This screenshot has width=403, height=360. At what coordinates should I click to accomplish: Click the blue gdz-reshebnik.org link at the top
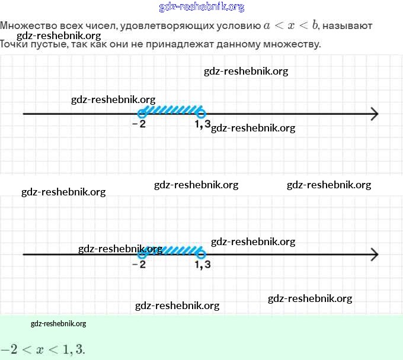click(x=201, y=7)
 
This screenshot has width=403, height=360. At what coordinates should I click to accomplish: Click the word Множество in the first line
click(x=25, y=26)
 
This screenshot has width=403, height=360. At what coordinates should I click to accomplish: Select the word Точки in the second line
click(x=15, y=44)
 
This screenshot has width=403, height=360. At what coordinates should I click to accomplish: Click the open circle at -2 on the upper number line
click(x=141, y=114)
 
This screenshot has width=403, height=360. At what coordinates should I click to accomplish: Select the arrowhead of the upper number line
click(x=374, y=114)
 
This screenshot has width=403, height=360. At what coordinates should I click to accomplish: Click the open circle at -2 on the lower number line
click(x=141, y=255)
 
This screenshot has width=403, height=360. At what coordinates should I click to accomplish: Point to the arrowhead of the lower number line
click(x=374, y=255)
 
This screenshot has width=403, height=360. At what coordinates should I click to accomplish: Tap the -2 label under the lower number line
click(x=139, y=265)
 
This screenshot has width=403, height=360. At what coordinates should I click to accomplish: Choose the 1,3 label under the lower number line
click(x=202, y=265)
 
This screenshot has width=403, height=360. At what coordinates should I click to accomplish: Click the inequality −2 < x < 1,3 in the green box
click(x=43, y=349)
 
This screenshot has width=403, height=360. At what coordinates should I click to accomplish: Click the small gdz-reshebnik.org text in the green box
click(x=58, y=323)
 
